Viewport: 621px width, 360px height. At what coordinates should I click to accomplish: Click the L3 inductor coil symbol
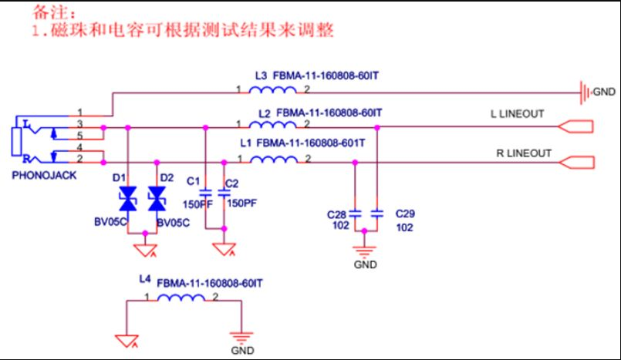point(273,90)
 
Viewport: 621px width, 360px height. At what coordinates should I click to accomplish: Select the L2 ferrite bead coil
point(273,125)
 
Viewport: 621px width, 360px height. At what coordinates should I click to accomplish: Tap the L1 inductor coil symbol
point(274,160)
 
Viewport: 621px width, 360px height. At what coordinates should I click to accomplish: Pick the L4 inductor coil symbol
point(181,298)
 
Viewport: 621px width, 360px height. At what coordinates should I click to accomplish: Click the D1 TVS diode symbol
point(128,199)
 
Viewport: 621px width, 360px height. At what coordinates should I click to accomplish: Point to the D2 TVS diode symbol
point(157,199)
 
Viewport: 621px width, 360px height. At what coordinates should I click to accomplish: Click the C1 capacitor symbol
point(205,193)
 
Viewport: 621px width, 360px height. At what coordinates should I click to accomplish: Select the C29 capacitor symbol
point(377,214)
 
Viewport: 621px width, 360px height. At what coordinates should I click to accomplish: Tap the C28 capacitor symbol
point(355,214)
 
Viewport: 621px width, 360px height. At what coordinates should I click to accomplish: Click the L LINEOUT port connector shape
point(575,126)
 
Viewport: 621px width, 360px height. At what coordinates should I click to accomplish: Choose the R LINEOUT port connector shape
point(576,162)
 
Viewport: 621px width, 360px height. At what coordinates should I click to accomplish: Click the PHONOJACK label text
point(44,175)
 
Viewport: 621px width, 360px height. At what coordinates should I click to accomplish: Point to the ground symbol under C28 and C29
point(364,251)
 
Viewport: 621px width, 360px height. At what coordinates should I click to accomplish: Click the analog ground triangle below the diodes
point(145,250)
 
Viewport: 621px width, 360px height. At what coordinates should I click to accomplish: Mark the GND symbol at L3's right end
point(586,93)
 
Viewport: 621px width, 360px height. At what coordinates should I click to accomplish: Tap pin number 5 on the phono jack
point(79,136)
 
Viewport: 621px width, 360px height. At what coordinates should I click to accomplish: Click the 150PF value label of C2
point(241,203)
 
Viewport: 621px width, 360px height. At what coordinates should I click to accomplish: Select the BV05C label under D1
point(110,221)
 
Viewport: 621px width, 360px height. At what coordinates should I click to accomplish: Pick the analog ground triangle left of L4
point(127,341)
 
